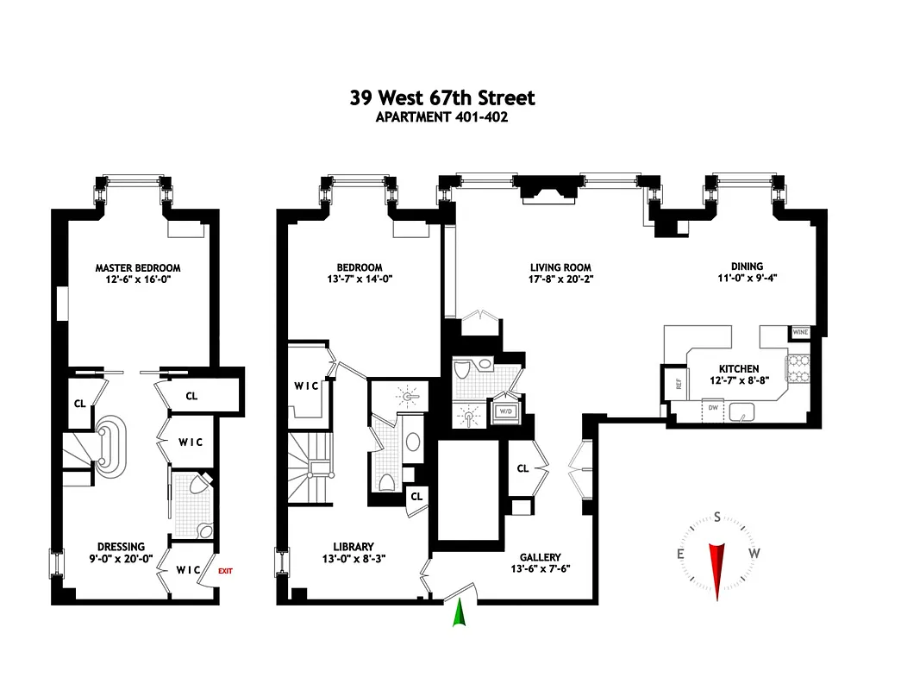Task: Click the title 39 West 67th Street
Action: tap(441, 97)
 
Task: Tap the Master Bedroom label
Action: tap(138, 268)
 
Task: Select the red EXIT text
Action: tap(225, 570)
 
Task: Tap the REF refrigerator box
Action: tap(678, 384)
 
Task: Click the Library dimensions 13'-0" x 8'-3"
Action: tap(354, 558)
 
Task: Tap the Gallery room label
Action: tap(541, 557)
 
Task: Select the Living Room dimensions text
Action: tap(560, 279)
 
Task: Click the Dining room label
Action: tap(746, 267)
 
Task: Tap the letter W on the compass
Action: tap(754, 553)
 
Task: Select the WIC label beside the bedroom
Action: tap(305, 386)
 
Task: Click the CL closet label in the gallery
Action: tap(522, 468)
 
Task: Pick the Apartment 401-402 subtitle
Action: tap(441, 117)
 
